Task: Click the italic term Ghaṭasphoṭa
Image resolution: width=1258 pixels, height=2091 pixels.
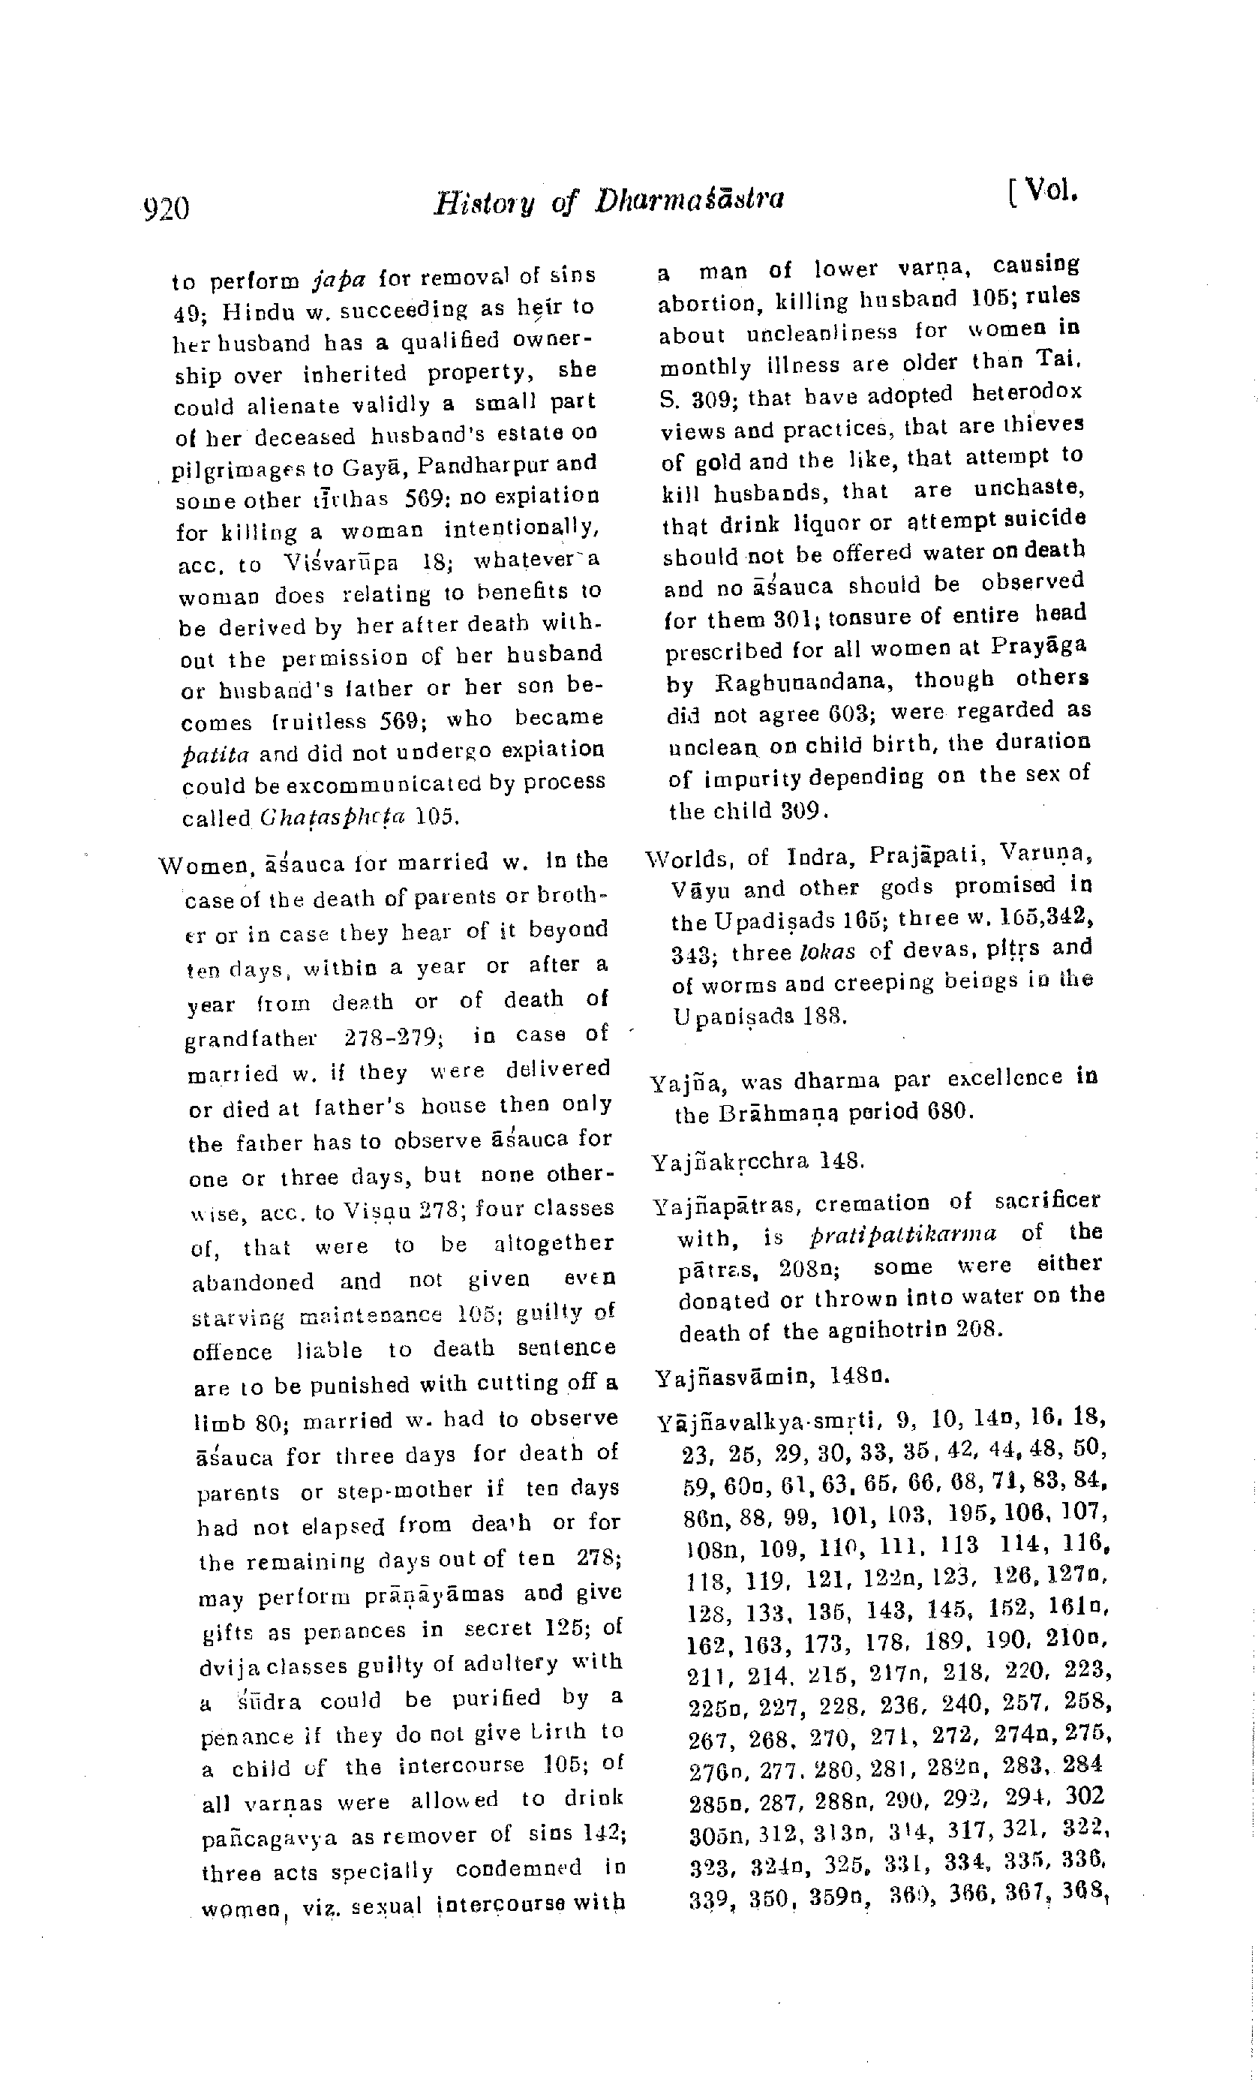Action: (x=335, y=818)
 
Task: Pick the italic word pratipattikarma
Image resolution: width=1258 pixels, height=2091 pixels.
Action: (x=902, y=1234)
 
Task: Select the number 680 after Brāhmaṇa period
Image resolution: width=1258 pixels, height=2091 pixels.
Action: (x=946, y=1110)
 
